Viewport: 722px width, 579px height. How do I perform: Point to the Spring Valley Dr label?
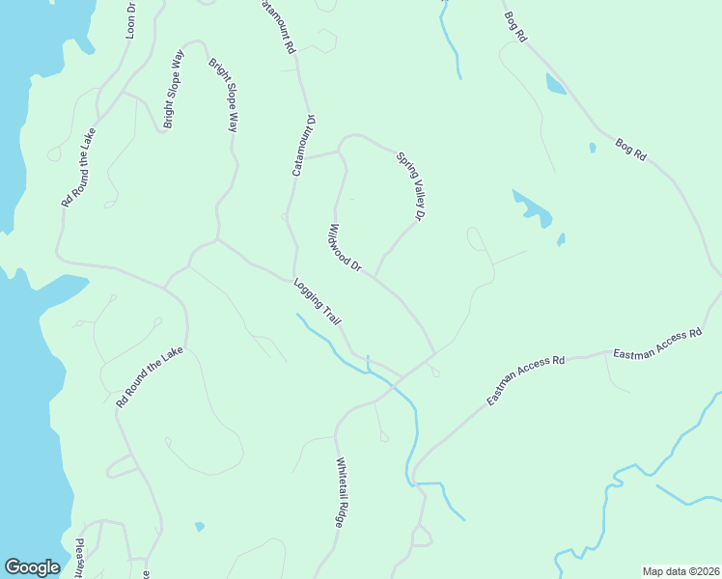(411, 186)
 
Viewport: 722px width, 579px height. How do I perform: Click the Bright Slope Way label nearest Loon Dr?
(174, 89)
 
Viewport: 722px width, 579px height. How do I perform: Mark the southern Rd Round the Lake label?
(149, 377)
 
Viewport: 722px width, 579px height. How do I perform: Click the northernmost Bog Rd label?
(515, 25)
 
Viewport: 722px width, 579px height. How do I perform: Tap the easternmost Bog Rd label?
(630, 151)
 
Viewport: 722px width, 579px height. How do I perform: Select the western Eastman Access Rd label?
(525, 380)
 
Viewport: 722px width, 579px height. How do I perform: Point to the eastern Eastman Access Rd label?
(656, 345)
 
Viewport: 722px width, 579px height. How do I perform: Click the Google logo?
(32, 567)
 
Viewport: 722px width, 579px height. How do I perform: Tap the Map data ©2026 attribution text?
(680, 571)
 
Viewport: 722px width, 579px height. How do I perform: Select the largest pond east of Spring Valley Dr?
(532, 208)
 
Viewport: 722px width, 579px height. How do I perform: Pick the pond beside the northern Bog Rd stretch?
(555, 84)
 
